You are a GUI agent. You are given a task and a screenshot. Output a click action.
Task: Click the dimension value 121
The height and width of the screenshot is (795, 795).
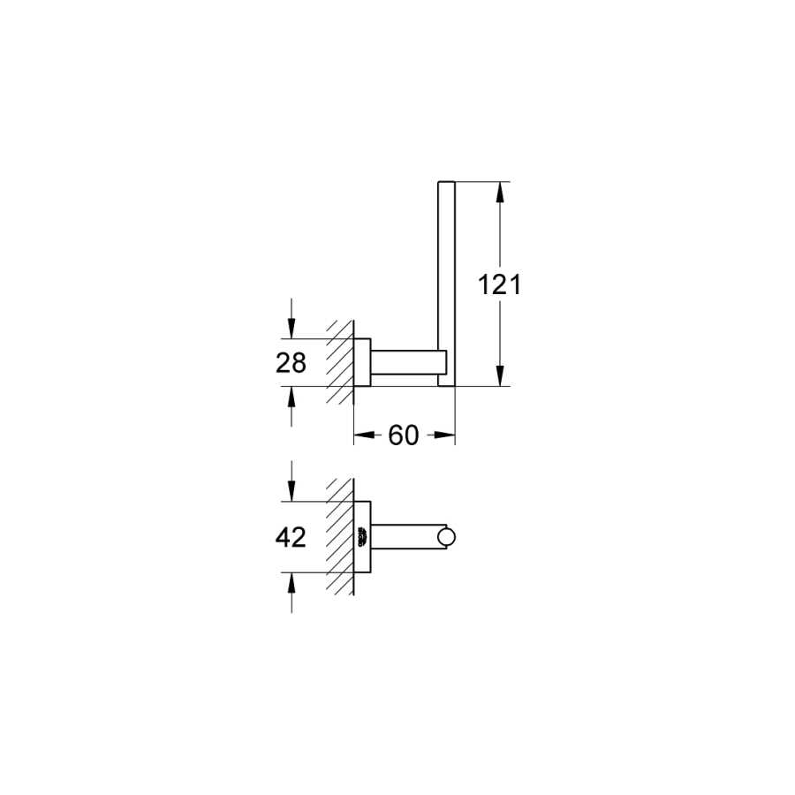499,284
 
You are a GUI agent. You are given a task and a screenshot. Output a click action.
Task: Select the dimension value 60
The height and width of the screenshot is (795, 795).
404,435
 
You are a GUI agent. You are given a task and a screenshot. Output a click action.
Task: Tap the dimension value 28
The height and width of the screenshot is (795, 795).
291,363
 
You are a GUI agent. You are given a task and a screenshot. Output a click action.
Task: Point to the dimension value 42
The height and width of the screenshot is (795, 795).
291,537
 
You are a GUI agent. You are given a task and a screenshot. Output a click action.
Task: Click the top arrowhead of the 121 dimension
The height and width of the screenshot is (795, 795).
500,193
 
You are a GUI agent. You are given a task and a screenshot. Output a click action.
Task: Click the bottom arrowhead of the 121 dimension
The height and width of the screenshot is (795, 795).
500,375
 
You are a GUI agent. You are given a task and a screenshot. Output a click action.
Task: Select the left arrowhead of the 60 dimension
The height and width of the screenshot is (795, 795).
365,435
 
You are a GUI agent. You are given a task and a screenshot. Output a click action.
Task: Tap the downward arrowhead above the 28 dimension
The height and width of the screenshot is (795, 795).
291,328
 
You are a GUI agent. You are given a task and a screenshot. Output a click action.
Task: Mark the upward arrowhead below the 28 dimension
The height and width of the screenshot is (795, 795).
291,397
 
